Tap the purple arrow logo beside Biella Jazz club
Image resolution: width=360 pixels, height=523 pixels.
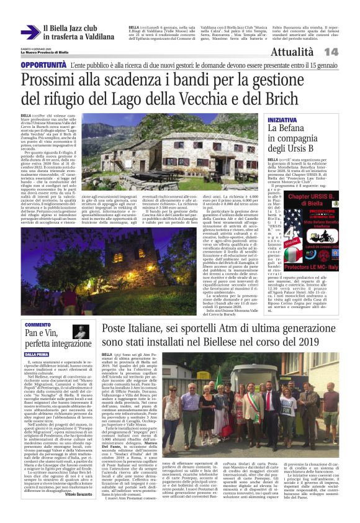click(x=29, y=32)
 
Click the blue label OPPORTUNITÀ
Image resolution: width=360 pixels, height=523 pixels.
click(x=43, y=65)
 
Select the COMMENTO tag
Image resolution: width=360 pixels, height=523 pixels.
click(x=38, y=324)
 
